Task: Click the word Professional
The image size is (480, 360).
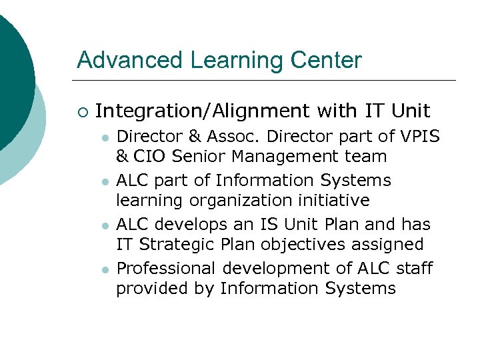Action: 166,269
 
